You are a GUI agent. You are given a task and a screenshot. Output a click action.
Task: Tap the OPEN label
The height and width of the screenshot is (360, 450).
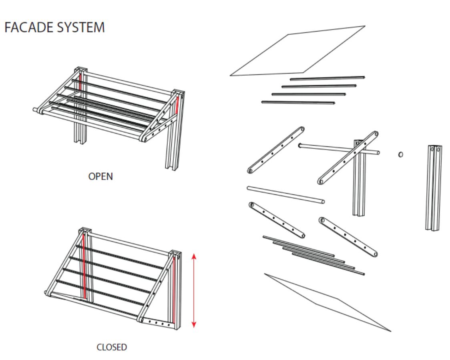coord(100,176)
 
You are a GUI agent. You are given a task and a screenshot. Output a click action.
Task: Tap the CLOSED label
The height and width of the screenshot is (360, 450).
coord(112,347)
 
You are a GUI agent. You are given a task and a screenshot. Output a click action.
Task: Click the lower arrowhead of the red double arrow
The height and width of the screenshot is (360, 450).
coord(194,324)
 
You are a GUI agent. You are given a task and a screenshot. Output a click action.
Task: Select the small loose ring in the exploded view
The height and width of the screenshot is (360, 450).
coord(401,154)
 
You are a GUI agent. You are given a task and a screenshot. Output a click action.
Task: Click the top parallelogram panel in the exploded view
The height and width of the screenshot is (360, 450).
coord(297,51)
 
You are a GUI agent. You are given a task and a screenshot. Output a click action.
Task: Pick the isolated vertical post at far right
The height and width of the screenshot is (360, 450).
coord(433,188)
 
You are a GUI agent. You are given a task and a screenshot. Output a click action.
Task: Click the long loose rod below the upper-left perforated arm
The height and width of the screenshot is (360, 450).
coord(286,195)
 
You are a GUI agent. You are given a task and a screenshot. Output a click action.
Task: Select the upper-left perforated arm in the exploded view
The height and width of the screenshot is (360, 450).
coord(275,150)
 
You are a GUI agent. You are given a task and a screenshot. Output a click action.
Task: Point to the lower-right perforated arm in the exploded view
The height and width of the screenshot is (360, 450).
coord(348,237)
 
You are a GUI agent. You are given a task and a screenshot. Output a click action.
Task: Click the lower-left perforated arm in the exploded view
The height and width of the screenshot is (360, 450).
coord(277,220)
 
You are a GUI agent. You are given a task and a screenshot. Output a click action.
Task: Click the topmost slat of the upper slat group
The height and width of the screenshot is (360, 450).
coord(327,78)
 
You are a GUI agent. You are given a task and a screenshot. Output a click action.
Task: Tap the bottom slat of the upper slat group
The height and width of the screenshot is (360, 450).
coord(298,102)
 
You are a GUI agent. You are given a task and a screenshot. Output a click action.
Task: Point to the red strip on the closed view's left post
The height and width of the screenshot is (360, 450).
coord(84,266)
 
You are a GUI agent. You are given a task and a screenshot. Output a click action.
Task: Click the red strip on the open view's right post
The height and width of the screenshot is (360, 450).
coord(177,106)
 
